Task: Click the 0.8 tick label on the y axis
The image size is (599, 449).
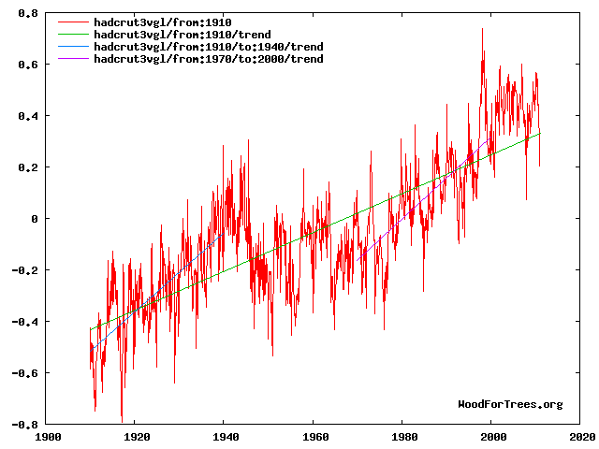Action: [28, 13]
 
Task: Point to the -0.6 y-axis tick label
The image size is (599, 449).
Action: [25, 373]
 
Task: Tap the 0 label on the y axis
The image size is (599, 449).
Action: [35, 219]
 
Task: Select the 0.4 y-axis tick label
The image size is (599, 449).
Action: [28, 116]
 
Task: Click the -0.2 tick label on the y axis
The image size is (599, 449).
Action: [25, 270]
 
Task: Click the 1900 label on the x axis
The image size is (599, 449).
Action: [48, 437]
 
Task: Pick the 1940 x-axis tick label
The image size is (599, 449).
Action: [226, 437]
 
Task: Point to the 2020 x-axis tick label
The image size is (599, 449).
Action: [582, 437]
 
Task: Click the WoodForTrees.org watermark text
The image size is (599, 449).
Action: [510, 404]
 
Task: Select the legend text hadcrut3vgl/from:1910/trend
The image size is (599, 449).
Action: [183, 35]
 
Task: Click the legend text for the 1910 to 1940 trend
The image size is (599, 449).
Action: [209, 47]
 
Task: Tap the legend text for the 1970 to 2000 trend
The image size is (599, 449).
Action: [209, 59]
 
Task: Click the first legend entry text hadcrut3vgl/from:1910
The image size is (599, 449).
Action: [163, 22]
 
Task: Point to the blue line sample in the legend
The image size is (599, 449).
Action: [73, 47]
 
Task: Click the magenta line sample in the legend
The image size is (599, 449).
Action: [73, 59]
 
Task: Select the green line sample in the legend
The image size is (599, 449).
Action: [73, 35]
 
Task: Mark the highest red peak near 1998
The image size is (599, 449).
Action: [482, 29]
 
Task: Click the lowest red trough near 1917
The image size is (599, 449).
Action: [122, 422]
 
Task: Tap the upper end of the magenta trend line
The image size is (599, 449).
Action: [490, 138]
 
